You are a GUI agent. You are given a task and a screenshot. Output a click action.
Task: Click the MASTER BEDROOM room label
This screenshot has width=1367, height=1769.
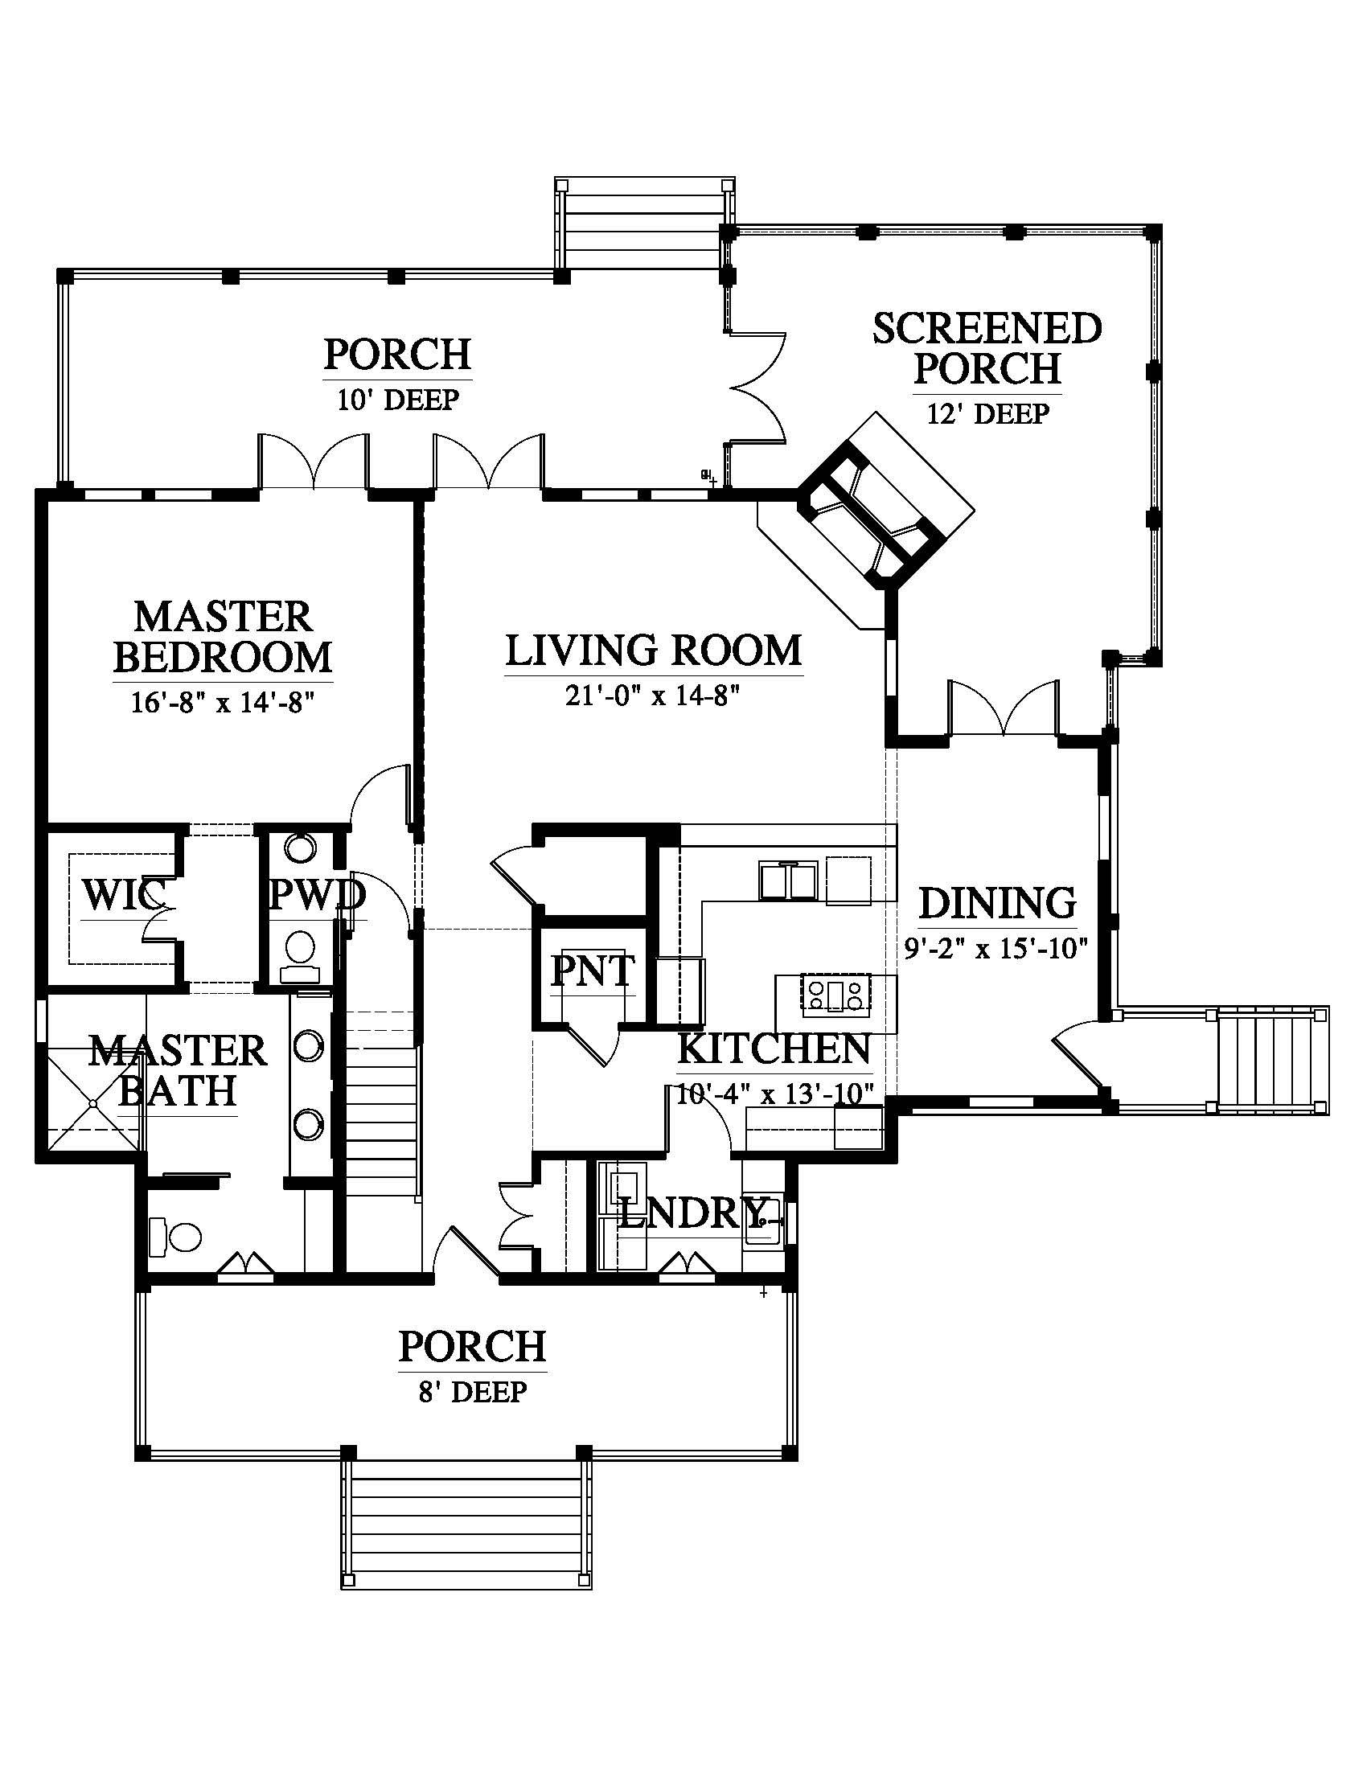pyautogui.click(x=223, y=637)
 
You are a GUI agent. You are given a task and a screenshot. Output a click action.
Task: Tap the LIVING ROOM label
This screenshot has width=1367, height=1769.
pyautogui.click(x=655, y=651)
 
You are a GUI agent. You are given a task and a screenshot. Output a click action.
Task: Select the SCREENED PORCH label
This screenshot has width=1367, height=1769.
pyautogui.click(x=987, y=348)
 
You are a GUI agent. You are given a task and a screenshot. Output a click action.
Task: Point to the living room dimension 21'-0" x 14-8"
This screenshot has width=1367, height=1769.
pyautogui.click(x=653, y=696)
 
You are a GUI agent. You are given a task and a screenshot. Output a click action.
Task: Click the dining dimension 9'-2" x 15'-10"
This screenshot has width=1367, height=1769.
pyautogui.click(x=996, y=947)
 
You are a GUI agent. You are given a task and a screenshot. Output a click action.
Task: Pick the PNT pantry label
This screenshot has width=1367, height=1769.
pyautogui.click(x=593, y=971)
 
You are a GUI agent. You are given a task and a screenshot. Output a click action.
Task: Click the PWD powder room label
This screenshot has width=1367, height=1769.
pyautogui.click(x=318, y=895)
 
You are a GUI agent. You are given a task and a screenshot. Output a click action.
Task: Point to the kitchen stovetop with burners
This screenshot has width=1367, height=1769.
pyautogui.click(x=835, y=995)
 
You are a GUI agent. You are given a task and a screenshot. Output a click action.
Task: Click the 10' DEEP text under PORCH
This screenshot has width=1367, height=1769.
pyautogui.click(x=398, y=400)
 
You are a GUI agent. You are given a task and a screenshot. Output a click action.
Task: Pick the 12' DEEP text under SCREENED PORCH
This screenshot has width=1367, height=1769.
pyautogui.click(x=988, y=413)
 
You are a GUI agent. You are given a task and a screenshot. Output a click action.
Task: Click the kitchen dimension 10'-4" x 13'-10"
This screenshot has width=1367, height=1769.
pyautogui.click(x=775, y=1094)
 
